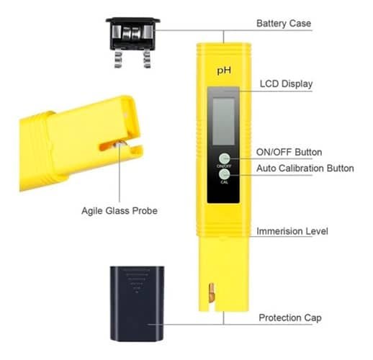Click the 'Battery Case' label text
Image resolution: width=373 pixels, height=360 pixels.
pyautogui.click(x=284, y=24)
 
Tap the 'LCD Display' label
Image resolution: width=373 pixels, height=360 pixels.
pyautogui.click(x=286, y=84)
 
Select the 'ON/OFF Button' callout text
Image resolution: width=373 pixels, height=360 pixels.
pyautogui.click(x=289, y=152)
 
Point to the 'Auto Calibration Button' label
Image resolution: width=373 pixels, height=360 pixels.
pyautogui.click(x=305, y=168)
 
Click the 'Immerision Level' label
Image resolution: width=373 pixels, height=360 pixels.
pyautogui.click(x=292, y=231)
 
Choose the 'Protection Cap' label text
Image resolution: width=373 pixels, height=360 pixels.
pyautogui.click(x=290, y=318)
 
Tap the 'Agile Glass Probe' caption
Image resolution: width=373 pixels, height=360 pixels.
pyautogui.click(x=120, y=211)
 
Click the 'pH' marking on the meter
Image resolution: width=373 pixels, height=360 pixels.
pyautogui.click(x=224, y=71)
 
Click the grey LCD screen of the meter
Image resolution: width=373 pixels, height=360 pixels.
pyautogui.click(x=224, y=121)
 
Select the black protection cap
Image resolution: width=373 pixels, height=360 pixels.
pyautogui.click(x=137, y=303)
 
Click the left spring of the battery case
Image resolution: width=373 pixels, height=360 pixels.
pyautogui.click(x=119, y=59)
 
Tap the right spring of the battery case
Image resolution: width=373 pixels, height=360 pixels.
pyautogui.click(x=146, y=59)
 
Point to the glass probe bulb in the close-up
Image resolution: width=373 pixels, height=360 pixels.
pyautogui.click(x=120, y=144)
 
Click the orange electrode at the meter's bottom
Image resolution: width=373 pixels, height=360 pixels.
pyautogui.click(x=211, y=292)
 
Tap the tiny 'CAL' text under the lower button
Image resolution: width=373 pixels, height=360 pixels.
pyautogui.click(x=224, y=182)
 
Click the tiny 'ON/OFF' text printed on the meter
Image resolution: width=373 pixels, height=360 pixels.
pyautogui.click(x=224, y=166)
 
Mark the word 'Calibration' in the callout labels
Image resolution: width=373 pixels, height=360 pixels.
pyautogui.click(x=301, y=168)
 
